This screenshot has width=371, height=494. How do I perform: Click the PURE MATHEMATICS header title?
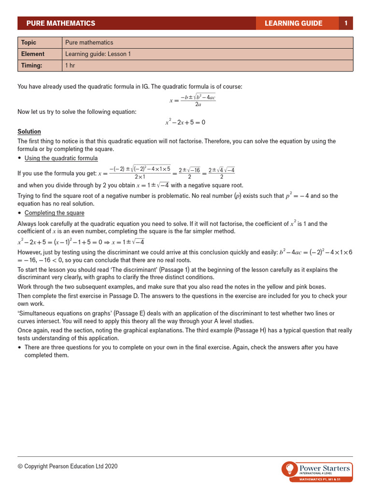coord(60,23)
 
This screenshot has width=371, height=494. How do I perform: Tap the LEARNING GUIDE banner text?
coord(293,23)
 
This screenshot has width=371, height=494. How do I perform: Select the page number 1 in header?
coord(346,23)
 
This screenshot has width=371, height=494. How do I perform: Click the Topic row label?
coord(29,42)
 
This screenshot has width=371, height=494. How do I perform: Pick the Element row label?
coord(32,54)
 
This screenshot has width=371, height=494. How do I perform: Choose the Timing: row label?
coord(31,65)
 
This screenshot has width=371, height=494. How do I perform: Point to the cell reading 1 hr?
coord(70,65)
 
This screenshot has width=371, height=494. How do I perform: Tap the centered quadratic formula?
coord(192,100)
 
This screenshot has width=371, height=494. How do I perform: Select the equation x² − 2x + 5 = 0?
coord(185,123)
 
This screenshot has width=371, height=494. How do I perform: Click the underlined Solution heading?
coord(29,132)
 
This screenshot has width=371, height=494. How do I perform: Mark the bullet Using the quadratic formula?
coord(61,158)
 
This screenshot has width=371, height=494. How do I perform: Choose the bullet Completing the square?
coord(54,213)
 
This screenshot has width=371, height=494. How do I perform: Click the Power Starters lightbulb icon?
coord(289,468)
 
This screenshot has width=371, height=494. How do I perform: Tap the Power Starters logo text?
coord(325,468)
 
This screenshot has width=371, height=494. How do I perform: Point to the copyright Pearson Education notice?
coord(67,467)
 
